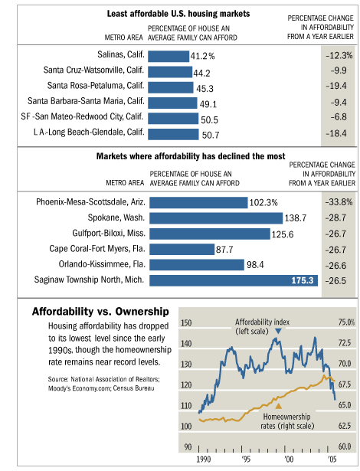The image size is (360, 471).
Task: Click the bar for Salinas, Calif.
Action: click(x=169, y=57)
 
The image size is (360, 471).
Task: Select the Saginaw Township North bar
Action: click(x=234, y=280)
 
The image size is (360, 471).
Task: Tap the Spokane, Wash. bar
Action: click(x=216, y=218)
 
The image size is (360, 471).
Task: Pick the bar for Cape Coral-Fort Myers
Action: click(x=182, y=250)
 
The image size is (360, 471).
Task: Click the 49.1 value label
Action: click(x=208, y=104)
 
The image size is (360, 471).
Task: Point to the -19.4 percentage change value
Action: click(x=336, y=86)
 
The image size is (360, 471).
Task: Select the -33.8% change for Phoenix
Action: click(x=339, y=202)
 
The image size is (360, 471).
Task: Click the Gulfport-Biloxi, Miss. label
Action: click(x=109, y=233)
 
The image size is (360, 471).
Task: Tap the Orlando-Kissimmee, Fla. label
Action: click(x=102, y=264)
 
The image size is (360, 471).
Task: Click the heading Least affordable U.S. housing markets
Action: click(x=178, y=14)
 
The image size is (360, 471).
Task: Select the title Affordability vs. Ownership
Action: click(x=100, y=312)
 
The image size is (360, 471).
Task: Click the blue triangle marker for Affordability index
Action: click(x=278, y=331)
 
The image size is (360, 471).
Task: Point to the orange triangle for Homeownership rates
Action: click(x=279, y=406)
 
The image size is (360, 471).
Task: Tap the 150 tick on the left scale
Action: click(x=186, y=323)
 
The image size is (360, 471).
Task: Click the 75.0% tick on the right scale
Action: click(x=346, y=322)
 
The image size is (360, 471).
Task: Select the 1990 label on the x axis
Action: click(x=204, y=460)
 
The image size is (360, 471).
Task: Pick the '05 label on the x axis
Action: click(x=332, y=460)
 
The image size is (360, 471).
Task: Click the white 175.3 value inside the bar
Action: click(x=303, y=280)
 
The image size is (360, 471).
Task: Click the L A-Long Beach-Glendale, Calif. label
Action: click(x=89, y=132)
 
